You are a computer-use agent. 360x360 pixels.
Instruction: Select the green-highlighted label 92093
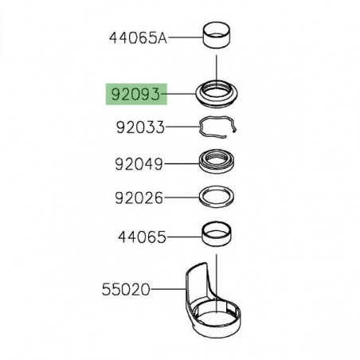[x=134, y=96]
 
